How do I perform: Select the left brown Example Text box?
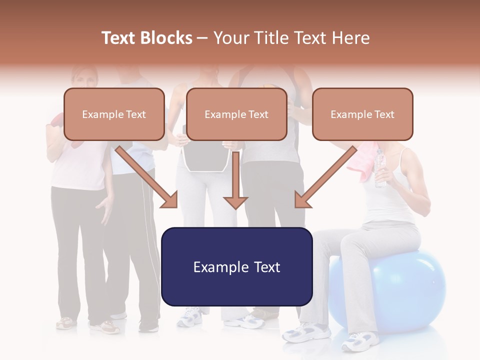click(x=114, y=114)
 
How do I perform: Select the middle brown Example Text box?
click(x=236, y=114)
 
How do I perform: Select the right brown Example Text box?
click(x=362, y=114)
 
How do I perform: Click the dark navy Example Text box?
click(x=236, y=266)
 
